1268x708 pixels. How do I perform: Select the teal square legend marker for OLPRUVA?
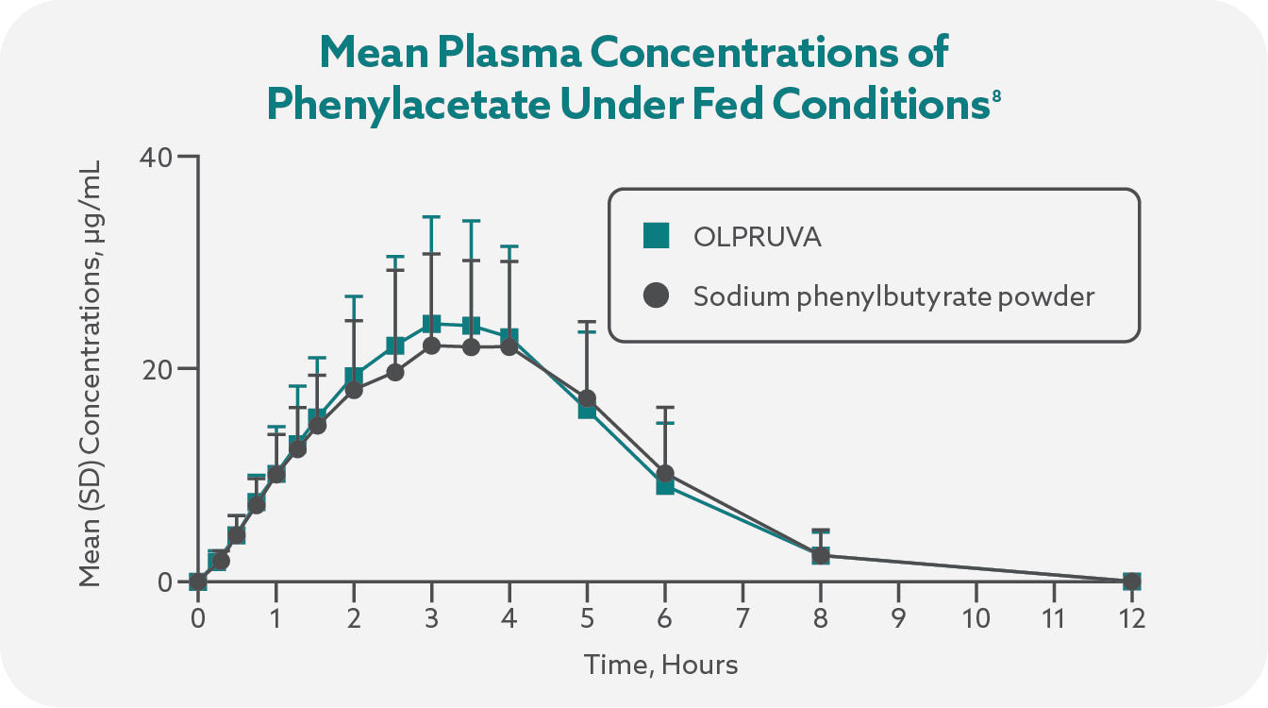[x=656, y=236]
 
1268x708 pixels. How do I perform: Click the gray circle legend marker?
[x=656, y=296]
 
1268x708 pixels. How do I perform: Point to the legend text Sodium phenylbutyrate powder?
[x=893, y=297]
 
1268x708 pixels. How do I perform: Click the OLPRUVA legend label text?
[x=757, y=237]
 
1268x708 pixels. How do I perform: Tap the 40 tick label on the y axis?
[x=157, y=156]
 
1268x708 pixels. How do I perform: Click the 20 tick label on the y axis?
[x=157, y=368]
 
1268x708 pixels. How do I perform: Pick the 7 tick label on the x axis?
[x=742, y=619]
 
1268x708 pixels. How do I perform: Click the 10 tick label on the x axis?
[x=976, y=619]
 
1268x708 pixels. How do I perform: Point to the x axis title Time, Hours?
[x=660, y=665]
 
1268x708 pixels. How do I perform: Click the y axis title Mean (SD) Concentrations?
[x=91, y=368]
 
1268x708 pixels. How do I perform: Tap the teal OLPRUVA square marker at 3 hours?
[x=431, y=325]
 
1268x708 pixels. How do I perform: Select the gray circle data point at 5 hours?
[x=587, y=398]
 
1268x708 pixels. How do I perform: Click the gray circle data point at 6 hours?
[x=665, y=473]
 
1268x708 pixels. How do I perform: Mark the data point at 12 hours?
[x=1131, y=582]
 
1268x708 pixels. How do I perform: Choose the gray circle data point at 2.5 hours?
[x=395, y=372]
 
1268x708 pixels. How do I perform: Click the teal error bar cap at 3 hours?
[x=431, y=217]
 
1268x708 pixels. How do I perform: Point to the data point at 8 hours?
[x=821, y=555]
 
